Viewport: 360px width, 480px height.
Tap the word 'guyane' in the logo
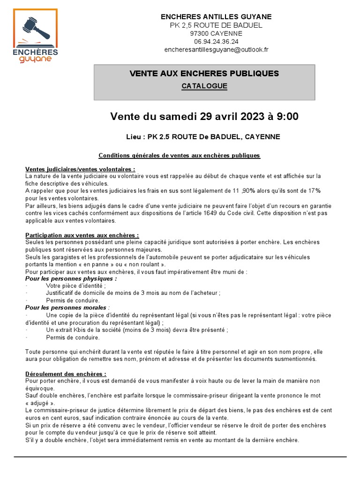tap(36, 59)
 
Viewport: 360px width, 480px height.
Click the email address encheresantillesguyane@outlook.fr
tap(216, 49)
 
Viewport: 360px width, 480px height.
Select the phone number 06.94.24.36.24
tap(216, 41)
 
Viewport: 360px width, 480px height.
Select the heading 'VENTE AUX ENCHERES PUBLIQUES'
tap(204, 74)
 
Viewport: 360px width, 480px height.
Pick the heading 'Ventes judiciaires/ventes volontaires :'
tap(80, 169)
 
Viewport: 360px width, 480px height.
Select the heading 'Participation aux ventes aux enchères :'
tap(82, 235)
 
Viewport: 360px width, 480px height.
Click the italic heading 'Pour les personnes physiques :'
tap(71, 278)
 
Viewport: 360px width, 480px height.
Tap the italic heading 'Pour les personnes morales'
tap(67, 307)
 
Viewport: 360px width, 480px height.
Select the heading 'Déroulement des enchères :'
tap(66, 374)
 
